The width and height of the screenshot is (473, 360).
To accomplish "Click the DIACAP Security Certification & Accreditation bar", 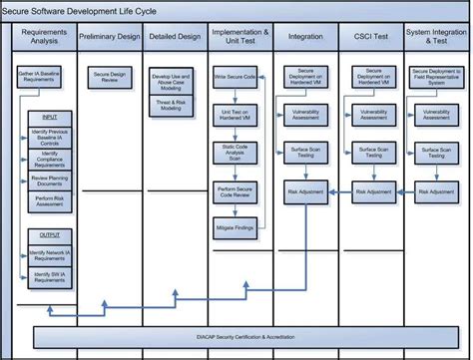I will [237, 338].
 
